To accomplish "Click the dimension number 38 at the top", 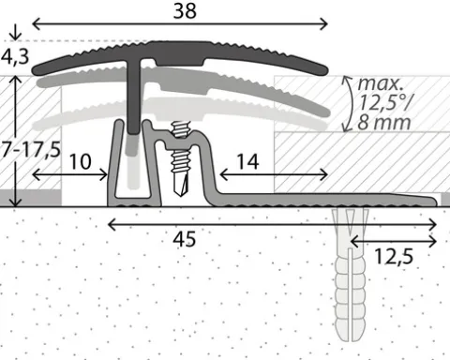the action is point(185,10).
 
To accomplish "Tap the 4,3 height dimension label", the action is point(15,56).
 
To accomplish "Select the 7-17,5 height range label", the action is point(31,149).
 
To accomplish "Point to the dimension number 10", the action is point(80,161).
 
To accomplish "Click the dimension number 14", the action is point(247,161).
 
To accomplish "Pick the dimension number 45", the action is point(185,239).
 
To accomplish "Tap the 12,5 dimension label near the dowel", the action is point(394,257).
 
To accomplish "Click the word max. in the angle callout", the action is point(381,83).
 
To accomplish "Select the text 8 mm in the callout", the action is point(384,122).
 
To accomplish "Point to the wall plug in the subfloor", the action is point(351,275).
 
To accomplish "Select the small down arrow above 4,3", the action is point(15,32).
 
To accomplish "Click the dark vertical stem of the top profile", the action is point(134,97).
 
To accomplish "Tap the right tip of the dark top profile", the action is point(328,70).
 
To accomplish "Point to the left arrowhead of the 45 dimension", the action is point(110,224).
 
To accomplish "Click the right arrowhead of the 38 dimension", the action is point(324,24).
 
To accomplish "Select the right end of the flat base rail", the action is point(436,202).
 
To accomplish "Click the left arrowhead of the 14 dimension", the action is point(222,174).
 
